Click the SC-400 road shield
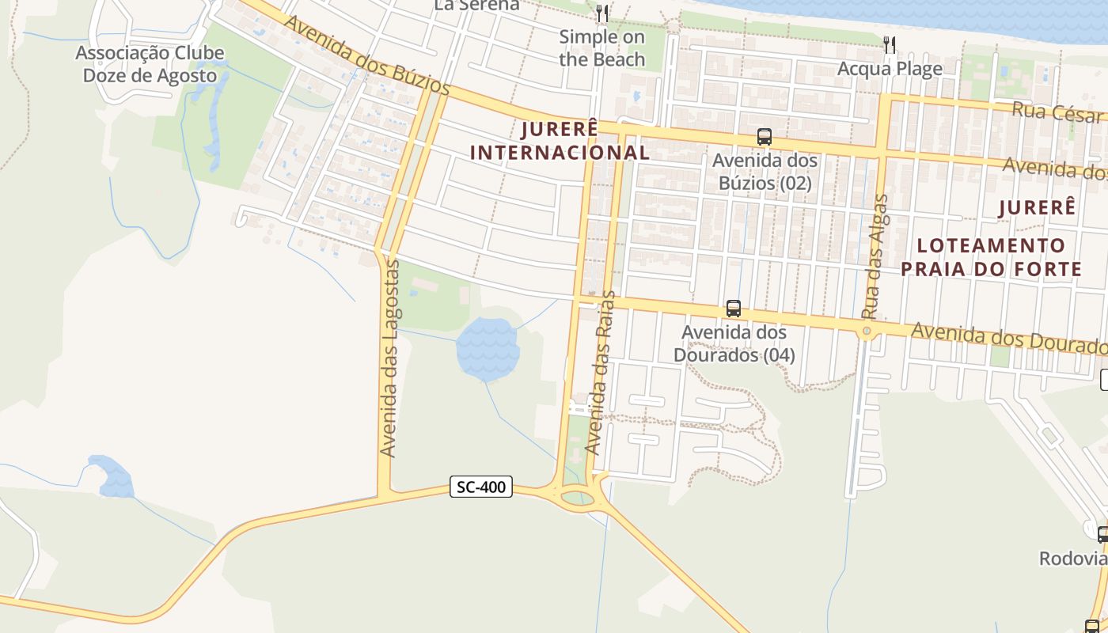click(481, 487)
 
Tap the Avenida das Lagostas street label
click(388, 358)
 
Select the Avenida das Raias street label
click(600, 372)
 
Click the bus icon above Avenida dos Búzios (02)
click(764, 137)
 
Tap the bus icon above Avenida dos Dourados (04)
click(734, 309)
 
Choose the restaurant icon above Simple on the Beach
click(602, 13)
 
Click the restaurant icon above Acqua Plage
click(890, 44)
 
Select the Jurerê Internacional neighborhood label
click(560, 141)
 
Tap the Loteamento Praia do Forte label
click(991, 257)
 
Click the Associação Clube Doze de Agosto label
click(146, 65)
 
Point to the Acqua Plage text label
click(890, 69)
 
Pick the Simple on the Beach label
click(602, 47)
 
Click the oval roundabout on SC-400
click(577, 498)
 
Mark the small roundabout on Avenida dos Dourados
click(867, 331)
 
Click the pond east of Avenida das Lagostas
click(488, 348)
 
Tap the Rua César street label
click(1057, 111)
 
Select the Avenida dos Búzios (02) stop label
click(765, 172)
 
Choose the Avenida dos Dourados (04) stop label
click(734, 343)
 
